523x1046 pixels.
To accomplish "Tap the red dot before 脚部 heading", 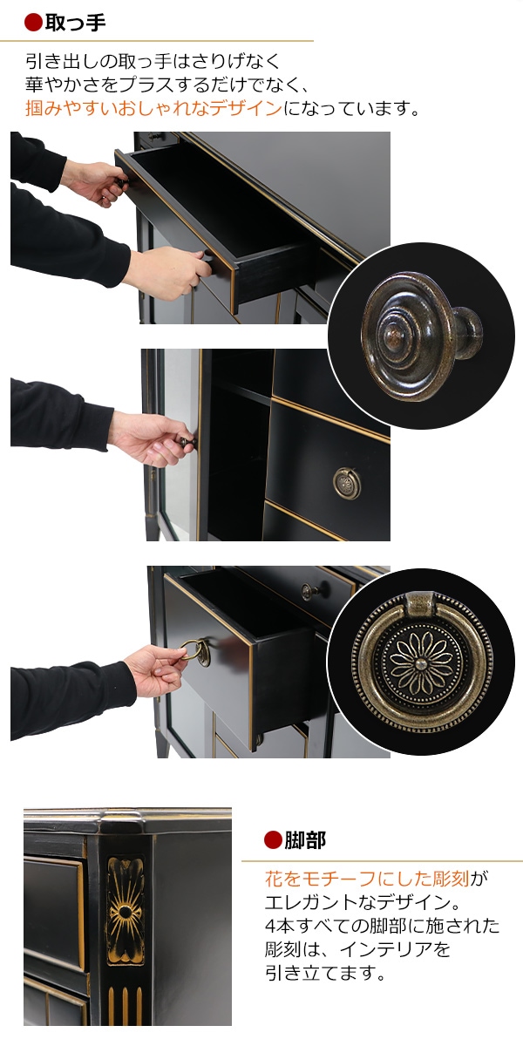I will click(273, 840).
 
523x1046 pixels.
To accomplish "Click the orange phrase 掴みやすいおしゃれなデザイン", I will click(153, 109).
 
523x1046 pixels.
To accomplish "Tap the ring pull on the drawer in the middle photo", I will click(345, 484).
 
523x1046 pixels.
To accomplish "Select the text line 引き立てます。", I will click(324, 973).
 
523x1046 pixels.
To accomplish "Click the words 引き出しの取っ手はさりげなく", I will click(153, 62).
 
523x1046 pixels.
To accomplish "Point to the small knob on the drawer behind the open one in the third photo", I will click(309, 591).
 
